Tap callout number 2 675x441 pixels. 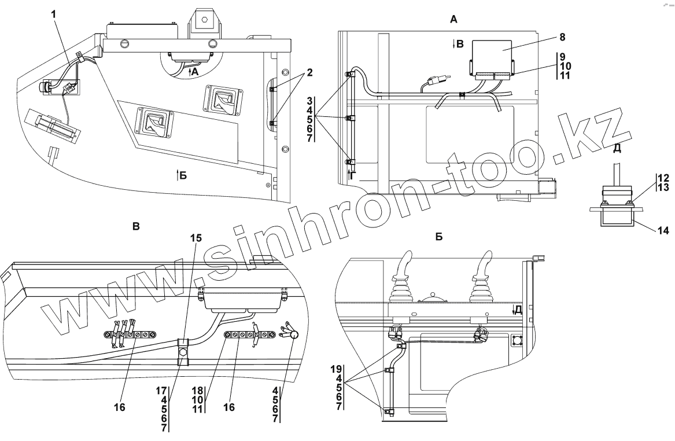[x=310, y=72]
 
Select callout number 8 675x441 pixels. [x=562, y=37]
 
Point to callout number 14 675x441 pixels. [x=663, y=231]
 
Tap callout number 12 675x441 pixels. [x=663, y=178]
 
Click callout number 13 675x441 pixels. [x=663, y=188]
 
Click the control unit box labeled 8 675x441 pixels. [x=492, y=55]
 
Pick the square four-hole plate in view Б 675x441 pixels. [x=518, y=343]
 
